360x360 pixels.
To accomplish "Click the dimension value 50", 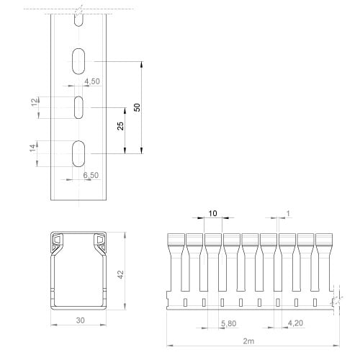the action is click(137, 107).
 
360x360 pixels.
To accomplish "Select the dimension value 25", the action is click(120, 126).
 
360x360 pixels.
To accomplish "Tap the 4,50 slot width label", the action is click(92, 81).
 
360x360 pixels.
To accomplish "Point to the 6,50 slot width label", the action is click(91, 175).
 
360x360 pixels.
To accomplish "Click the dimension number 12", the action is click(35, 102).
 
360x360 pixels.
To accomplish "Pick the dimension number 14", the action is click(34, 148).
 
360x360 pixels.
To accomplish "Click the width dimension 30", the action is click(81, 320).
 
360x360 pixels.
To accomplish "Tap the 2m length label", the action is click(248, 341).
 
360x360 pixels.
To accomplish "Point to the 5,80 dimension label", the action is click(229, 323).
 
